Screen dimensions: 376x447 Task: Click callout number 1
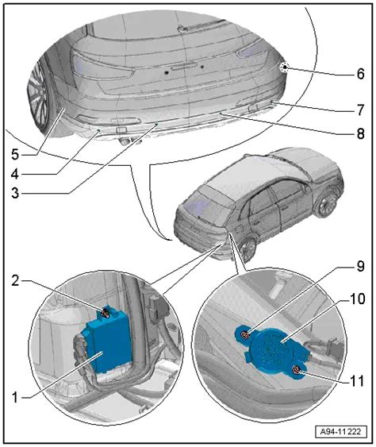click(15, 398)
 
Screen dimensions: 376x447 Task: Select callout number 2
click(15, 281)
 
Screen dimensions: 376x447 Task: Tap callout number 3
click(15, 193)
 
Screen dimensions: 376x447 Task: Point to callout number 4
click(15, 174)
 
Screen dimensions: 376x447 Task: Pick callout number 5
click(15, 155)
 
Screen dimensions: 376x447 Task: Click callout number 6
click(360, 74)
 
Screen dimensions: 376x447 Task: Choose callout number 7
click(360, 110)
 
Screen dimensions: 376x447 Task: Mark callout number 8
click(360, 133)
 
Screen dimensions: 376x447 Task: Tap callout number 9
click(360, 266)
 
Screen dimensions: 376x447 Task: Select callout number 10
click(357, 299)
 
